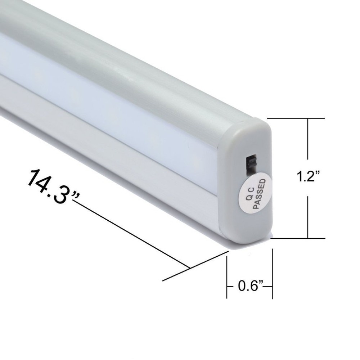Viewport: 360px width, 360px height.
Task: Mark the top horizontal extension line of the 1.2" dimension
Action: (297, 118)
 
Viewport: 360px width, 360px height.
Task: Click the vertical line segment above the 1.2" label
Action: (308, 140)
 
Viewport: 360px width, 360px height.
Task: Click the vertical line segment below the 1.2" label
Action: (308, 216)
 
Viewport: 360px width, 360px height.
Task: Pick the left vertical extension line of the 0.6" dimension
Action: (227, 274)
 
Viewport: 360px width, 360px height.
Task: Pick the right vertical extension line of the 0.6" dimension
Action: (272, 274)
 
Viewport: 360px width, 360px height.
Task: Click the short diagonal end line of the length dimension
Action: (196, 266)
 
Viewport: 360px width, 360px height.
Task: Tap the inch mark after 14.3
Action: (75, 195)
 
